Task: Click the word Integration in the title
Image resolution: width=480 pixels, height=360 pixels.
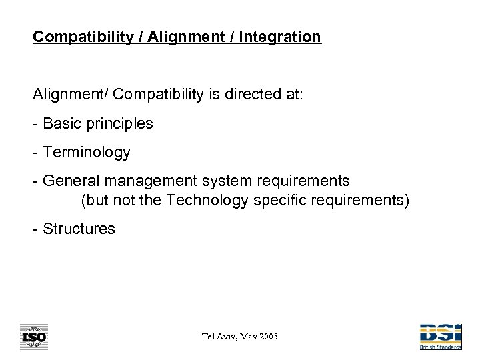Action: [283, 37]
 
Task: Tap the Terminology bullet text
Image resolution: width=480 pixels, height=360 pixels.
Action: [86, 153]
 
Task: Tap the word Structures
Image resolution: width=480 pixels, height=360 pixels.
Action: [79, 229]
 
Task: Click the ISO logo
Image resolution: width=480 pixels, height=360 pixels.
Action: [33, 337]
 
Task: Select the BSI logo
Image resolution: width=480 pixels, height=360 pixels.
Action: [441, 335]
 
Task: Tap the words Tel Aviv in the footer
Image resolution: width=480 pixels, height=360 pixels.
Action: [214, 337]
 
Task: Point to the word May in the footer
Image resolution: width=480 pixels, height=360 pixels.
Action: [243, 337]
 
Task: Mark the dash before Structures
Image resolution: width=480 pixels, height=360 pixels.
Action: [36, 229]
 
